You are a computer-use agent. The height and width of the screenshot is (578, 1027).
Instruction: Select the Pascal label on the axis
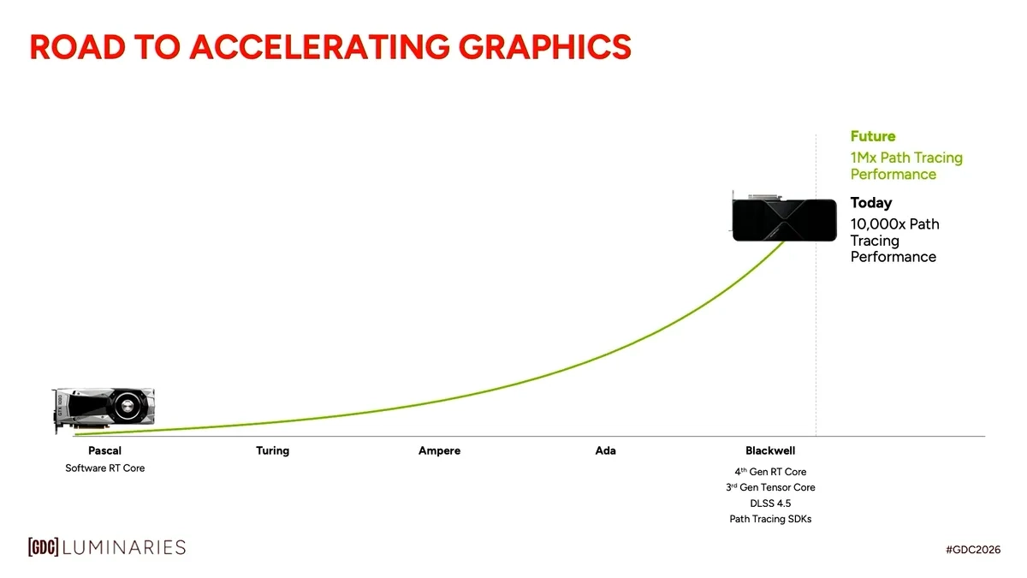(x=104, y=450)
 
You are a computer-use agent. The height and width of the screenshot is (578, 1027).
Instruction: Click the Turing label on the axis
(x=272, y=450)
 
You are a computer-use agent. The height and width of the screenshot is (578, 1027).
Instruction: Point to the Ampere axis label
(x=439, y=450)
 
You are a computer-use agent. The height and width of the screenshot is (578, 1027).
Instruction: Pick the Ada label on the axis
(x=605, y=450)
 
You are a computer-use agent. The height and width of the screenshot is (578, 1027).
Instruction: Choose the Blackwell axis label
(x=770, y=450)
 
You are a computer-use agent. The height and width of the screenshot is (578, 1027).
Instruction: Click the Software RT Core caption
(x=105, y=468)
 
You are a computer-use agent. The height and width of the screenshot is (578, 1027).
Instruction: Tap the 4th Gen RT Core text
(x=770, y=472)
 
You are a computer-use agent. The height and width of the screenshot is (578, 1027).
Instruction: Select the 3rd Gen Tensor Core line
(x=770, y=487)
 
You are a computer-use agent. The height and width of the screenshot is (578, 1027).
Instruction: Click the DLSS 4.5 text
(x=770, y=504)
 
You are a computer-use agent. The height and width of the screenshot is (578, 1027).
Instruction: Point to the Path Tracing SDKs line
(x=770, y=519)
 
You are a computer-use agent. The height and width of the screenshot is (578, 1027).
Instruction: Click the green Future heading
(x=872, y=136)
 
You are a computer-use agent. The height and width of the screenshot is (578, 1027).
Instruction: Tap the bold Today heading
(x=870, y=203)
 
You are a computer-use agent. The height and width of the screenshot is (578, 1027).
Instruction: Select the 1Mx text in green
(x=864, y=158)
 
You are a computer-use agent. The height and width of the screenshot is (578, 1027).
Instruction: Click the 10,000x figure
(x=877, y=224)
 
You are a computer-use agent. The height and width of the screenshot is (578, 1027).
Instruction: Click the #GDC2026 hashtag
(x=973, y=549)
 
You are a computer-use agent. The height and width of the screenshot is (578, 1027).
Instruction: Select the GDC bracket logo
(x=43, y=547)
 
